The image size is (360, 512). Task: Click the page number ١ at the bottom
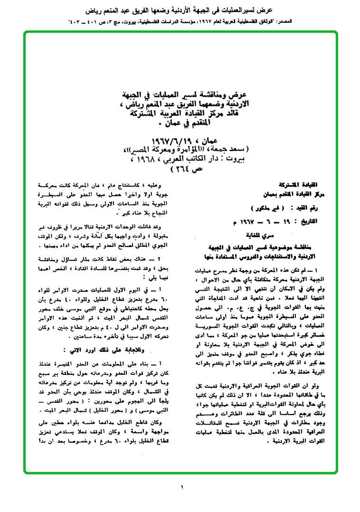tap(181, 487)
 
